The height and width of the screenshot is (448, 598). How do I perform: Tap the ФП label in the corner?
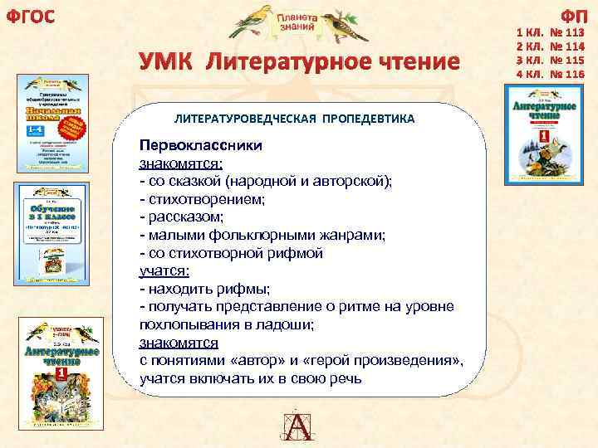(x=572, y=14)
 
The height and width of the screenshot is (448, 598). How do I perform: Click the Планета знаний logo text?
(x=296, y=22)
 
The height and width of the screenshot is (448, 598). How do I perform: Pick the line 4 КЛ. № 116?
(x=549, y=74)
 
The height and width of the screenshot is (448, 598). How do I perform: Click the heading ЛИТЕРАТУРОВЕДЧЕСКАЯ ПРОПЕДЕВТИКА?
(x=294, y=119)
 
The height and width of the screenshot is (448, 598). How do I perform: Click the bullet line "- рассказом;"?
(x=181, y=217)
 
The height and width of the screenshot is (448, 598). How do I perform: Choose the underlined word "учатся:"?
(x=164, y=270)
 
